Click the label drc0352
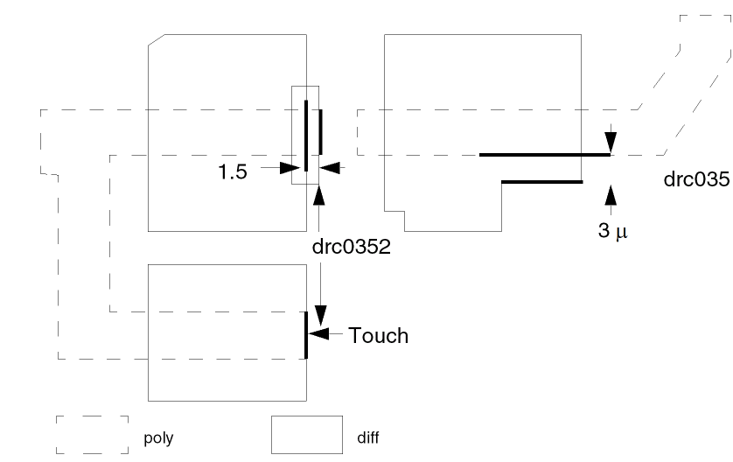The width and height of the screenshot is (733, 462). pyautogui.click(x=350, y=247)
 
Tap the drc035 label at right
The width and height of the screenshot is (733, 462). pyautogui.click(x=696, y=180)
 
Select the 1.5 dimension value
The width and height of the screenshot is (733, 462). pyautogui.click(x=233, y=171)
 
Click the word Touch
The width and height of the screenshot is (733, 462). pyautogui.click(x=378, y=335)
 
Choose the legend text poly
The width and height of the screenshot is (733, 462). pyautogui.click(x=157, y=437)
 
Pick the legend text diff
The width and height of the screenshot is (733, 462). pyautogui.click(x=368, y=437)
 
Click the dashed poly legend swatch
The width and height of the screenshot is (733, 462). pyautogui.click(x=92, y=434)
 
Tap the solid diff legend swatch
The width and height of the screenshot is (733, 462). pyautogui.click(x=306, y=434)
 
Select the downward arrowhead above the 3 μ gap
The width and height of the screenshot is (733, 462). pyautogui.click(x=611, y=143)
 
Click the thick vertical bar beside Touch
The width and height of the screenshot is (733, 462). pyautogui.click(x=306, y=334)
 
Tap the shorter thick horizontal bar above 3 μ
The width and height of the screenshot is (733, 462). pyautogui.click(x=541, y=182)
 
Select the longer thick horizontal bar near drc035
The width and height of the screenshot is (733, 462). pyautogui.click(x=544, y=155)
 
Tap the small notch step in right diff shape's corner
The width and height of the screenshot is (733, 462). pyautogui.click(x=398, y=213)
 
